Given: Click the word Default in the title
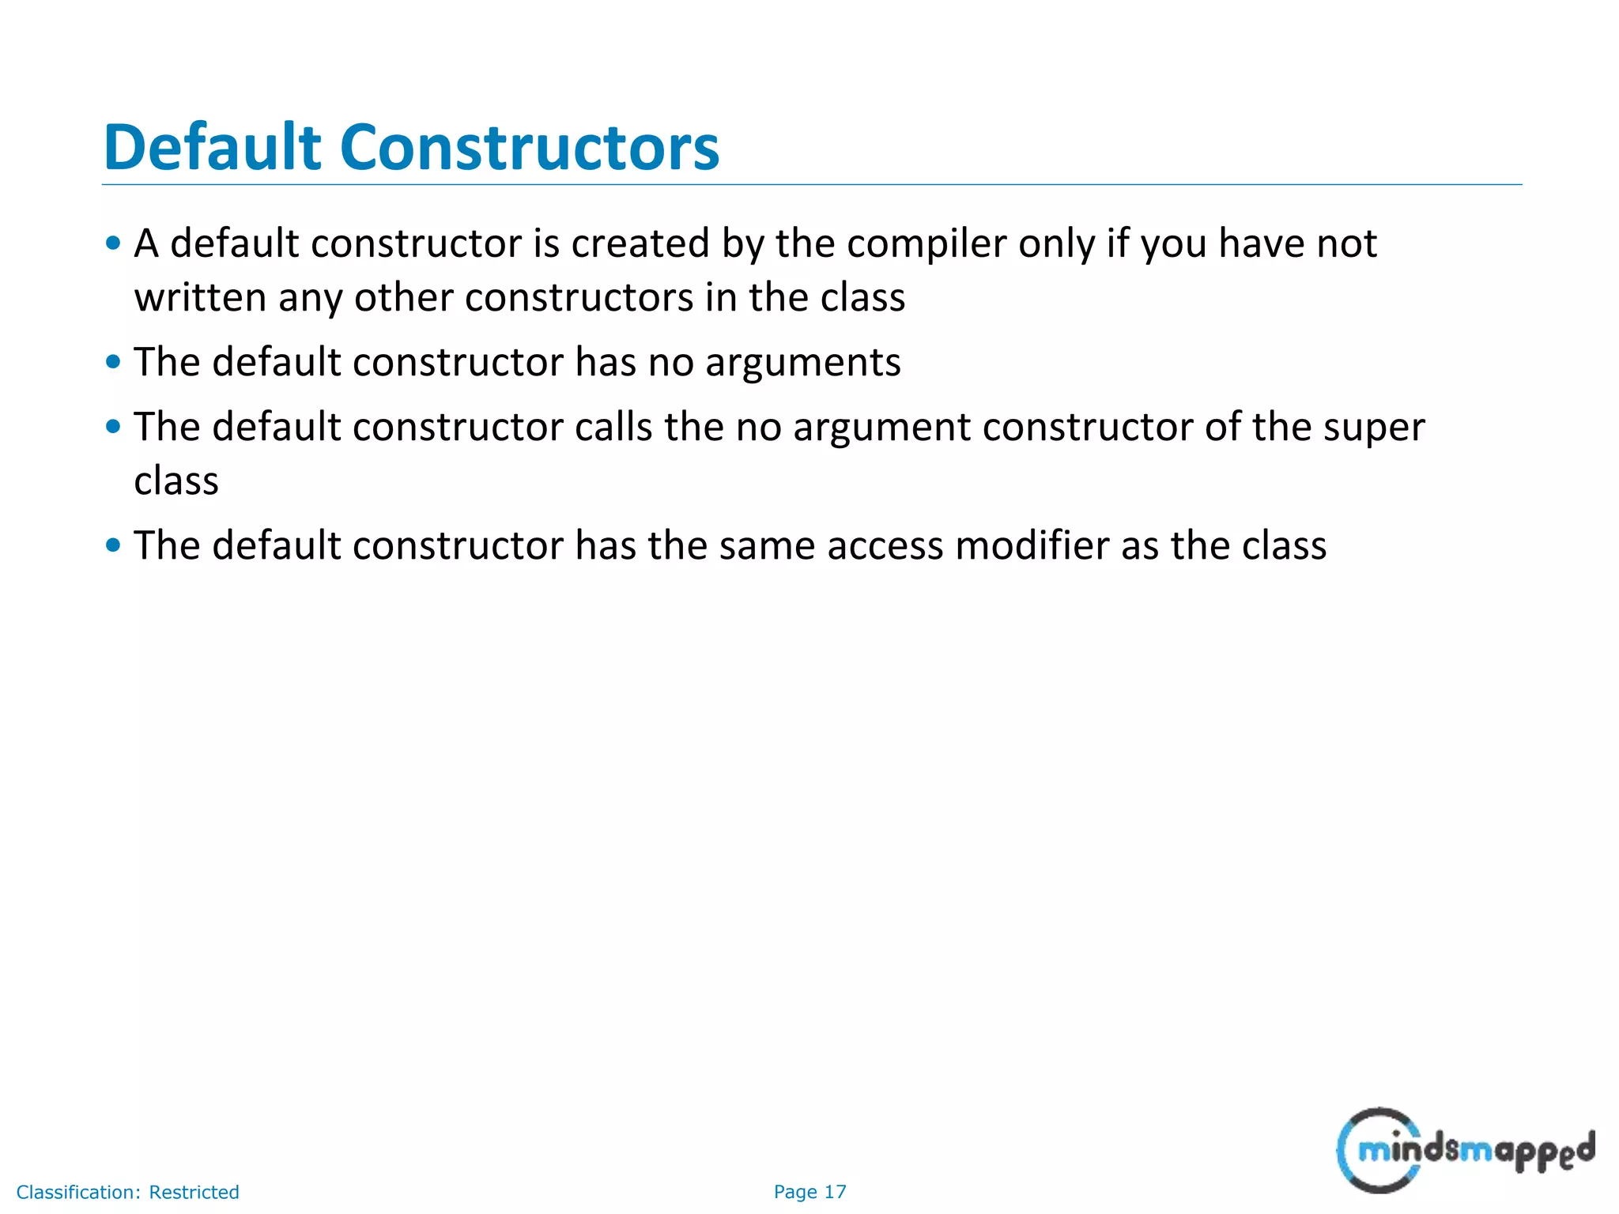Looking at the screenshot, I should click(x=212, y=148).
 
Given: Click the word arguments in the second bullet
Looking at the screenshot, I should click(x=802, y=363).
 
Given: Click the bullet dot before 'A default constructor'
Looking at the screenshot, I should click(x=113, y=243).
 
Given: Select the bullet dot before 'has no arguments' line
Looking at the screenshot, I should click(x=113, y=363).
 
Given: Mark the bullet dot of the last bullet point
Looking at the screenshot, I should click(x=113, y=545).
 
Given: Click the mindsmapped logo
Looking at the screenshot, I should click(x=1465, y=1151).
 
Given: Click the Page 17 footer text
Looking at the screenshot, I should click(x=809, y=1192).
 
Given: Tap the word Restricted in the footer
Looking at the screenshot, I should click(x=194, y=1192).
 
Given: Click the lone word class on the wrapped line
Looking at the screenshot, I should click(x=176, y=481).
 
